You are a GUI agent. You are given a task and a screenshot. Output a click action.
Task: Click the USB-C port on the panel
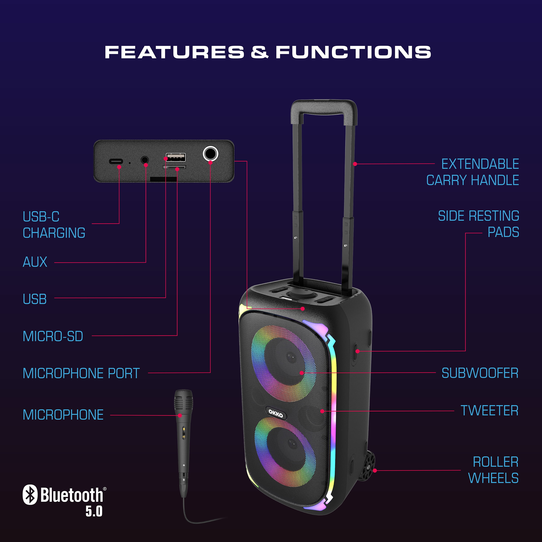(116, 162)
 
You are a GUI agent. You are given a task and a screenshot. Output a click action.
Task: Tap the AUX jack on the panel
(145, 160)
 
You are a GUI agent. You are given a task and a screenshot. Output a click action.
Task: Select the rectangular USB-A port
(176, 157)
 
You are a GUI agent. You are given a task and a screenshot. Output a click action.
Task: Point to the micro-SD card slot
(174, 167)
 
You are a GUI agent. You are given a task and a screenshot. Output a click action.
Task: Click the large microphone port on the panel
(210, 154)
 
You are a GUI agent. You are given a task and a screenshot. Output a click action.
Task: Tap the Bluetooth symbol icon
(30, 495)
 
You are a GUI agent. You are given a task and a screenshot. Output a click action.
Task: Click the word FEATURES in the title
(174, 52)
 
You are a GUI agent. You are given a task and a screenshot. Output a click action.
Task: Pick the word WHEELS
(493, 478)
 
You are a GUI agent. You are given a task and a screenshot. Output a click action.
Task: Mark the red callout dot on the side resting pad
(357, 351)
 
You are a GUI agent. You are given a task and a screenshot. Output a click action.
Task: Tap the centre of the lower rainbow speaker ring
(285, 452)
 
